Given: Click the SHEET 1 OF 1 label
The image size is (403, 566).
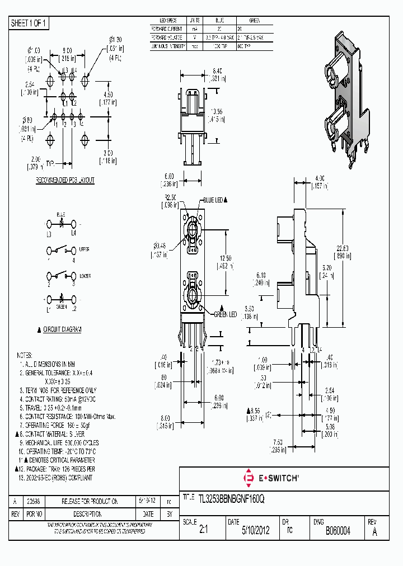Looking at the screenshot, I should (30, 23).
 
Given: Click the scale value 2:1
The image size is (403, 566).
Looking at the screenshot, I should (203, 530).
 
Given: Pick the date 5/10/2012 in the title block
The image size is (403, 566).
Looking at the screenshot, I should (255, 530).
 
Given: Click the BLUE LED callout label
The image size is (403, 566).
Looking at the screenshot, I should (213, 200).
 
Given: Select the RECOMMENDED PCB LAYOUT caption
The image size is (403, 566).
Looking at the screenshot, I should (65, 180).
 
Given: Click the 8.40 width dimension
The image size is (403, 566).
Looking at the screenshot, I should (203, 71).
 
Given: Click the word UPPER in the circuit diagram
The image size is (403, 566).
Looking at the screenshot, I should (84, 249).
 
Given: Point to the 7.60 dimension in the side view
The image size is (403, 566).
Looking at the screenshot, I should (275, 442).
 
